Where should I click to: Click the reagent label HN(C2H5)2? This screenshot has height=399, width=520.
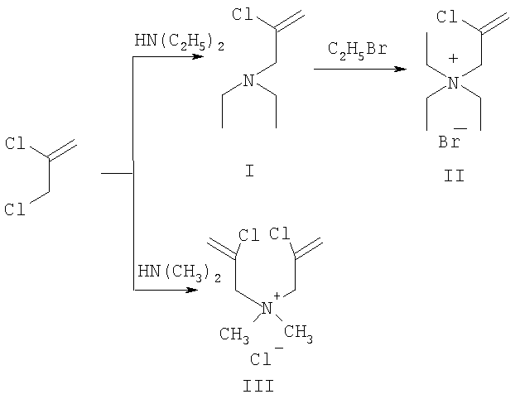click(x=179, y=42)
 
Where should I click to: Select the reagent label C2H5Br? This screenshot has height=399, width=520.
click(x=358, y=50)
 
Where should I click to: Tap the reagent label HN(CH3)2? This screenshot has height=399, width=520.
click(x=179, y=273)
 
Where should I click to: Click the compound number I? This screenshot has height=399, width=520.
click(x=249, y=171)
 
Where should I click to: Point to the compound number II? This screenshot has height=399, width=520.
click(x=454, y=175)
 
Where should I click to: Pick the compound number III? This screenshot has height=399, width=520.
click(x=258, y=386)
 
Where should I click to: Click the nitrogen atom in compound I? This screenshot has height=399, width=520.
click(x=248, y=80)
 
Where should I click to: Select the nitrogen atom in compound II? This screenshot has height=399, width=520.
click(x=453, y=83)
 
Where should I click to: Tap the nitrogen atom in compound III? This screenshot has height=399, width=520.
click(x=267, y=309)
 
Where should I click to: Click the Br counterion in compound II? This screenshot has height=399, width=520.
click(x=450, y=142)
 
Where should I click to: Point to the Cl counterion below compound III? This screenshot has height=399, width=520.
click(x=261, y=359)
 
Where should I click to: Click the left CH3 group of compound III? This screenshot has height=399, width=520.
click(x=234, y=334)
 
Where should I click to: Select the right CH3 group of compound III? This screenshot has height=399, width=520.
click(x=298, y=332)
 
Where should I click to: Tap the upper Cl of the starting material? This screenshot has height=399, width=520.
click(x=15, y=143)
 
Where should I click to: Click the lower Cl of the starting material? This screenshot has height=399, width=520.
click(x=15, y=209)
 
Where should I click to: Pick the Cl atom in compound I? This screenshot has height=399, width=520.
click(x=243, y=14)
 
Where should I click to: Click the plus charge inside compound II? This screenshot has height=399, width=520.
click(x=453, y=59)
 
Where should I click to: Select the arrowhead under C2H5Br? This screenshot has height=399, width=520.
click(x=401, y=69)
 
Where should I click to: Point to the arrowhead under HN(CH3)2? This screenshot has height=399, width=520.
click(x=191, y=291)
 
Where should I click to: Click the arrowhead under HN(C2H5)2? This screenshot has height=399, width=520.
click(x=198, y=57)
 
